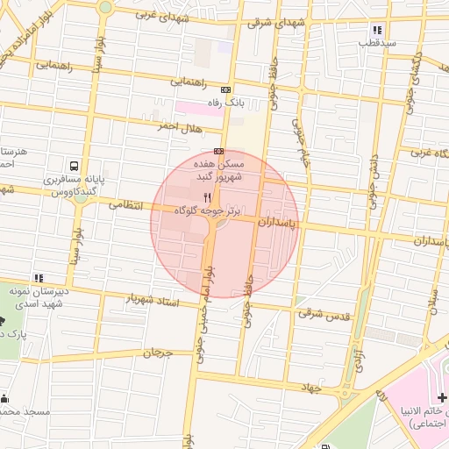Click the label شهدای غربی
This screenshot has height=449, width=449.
(x=157, y=15)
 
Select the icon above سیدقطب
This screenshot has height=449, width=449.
(x=377, y=30)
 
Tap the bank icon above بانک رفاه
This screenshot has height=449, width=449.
(x=226, y=89)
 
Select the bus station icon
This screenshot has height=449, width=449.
(x=74, y=166)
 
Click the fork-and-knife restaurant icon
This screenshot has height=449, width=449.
(x=207, y=197)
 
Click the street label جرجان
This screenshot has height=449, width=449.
(x=154, y=352)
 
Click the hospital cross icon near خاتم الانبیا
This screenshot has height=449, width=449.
(x=443, y=399)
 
